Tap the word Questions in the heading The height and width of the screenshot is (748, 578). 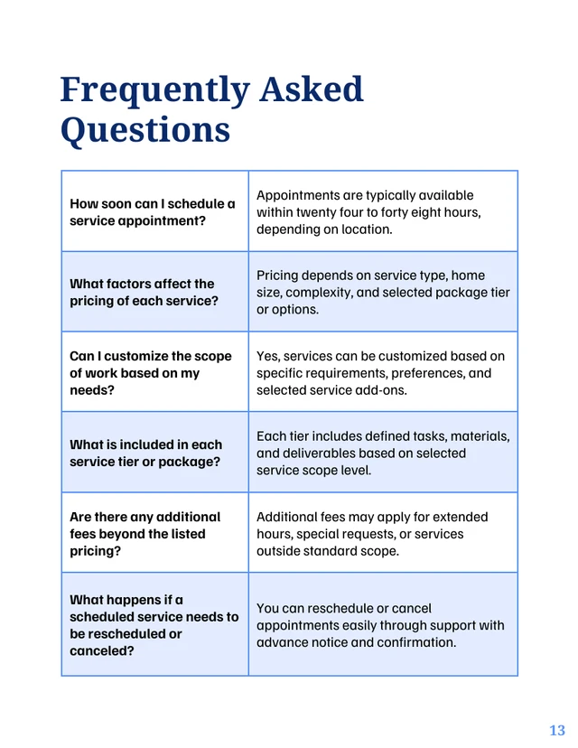coord(145,130)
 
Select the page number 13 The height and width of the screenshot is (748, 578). coord(556,730)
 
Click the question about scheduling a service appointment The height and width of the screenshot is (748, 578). coord(152,212)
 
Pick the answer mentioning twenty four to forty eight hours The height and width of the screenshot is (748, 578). coord(368,212)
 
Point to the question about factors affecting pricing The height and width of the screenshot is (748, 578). coord(144,292)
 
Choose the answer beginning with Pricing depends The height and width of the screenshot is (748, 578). coord(383,292)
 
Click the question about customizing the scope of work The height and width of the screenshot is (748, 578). coord(150,373)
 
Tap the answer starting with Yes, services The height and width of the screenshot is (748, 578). coord(380,373)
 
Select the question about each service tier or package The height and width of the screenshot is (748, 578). coord(145,453)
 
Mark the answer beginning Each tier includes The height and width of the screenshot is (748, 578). coord(383,453)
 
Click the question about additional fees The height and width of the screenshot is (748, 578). coord(144,534)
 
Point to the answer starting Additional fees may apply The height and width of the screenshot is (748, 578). coord(372,534)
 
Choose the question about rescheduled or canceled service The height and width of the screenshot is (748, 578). coord(154,625)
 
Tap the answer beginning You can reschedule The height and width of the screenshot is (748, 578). coord(380,625)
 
